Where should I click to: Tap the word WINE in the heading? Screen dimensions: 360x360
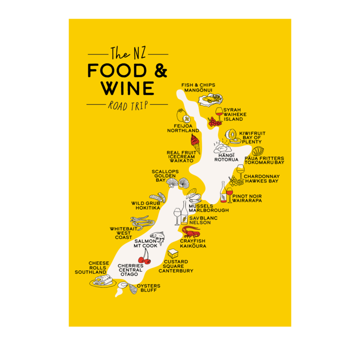pyautogui.click(x=127, y=88)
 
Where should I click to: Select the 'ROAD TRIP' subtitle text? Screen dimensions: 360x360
pyautogui.click(x=127, y=105)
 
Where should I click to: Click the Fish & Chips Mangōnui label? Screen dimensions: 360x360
pyautogui.click(x=199, y=88)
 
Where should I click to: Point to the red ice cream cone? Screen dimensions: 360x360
pyautogui.click(x=195, y=142)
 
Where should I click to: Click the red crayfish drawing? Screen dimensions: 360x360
pyautogui.click(x=191, y=231)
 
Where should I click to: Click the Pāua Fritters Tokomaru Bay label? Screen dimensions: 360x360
pyautogui.click(x=264, y=160)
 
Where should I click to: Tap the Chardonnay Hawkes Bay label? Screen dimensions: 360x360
pyautogui.click(x=261, y=179)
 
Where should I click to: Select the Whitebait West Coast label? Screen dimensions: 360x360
pyautogui.click(x=123, y=233)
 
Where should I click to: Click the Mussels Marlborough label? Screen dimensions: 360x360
pyautogui.click(x=208, y=208)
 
